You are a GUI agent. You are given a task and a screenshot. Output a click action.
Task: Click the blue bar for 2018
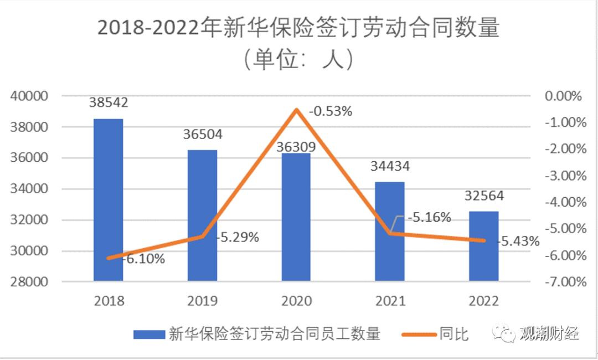pyautogui.click(x=108, y=199)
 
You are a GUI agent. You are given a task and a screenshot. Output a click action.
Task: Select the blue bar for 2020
pyautogui.click(x=296, y=217)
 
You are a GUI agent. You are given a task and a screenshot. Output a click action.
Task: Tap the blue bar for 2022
pyautogui.click(x=484, y=246)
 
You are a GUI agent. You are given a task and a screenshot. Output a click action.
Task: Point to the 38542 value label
pyautogui.click(x=108, y=103)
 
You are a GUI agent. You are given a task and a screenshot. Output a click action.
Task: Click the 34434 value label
pyautogui.click(x=390, y=166)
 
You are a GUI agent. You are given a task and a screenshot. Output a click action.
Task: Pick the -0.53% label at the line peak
pyautogui.click(x=331, y=111)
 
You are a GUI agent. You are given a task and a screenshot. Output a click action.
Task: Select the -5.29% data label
pyautogui.click(x=238, y=238)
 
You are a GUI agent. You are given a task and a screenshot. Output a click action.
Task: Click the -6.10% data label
pyautogui.click(x=143, y=258)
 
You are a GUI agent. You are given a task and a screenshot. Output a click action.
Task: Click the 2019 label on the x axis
pyautogui.click(x=202, y=301)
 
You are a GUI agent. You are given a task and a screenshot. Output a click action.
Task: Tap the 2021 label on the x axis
pyautogui.click(x=390, y=301)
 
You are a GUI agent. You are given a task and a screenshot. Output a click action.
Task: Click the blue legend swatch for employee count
pyautogui.click(x=149, y=335)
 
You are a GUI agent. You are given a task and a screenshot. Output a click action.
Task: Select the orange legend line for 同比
pyautogui.click(x=416, y=335)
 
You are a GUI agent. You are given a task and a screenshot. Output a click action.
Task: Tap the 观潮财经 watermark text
pyautogui.click(x=549, y=334)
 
